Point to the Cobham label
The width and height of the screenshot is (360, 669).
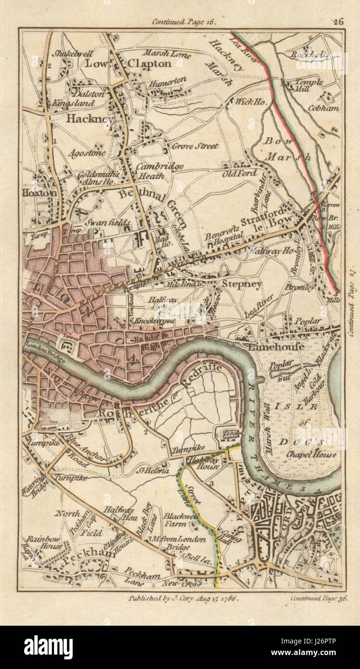click(x=324, y=108)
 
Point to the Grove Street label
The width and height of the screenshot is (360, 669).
click(x=195, y=146)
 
